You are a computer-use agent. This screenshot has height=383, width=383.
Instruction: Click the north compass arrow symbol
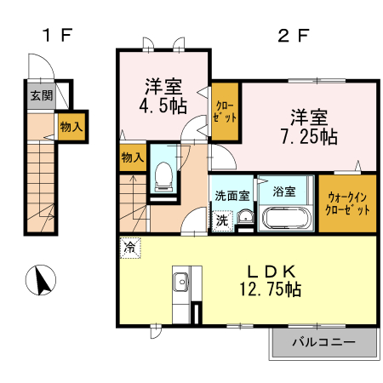39,278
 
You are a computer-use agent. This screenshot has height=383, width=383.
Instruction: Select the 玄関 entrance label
40,96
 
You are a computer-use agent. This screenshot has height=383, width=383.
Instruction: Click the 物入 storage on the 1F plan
71,126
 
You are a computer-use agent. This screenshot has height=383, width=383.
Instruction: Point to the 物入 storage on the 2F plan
132,158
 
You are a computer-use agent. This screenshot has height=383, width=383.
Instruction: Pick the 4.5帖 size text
160,107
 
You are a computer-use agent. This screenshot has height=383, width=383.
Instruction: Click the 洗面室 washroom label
232,194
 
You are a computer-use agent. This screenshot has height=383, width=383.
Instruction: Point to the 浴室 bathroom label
284,191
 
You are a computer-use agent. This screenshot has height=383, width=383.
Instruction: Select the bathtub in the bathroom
288,218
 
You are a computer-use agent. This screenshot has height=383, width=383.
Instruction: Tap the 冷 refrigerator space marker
129,248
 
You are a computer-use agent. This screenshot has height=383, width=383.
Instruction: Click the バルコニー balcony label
323,344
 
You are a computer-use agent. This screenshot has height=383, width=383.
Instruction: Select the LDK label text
271,272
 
